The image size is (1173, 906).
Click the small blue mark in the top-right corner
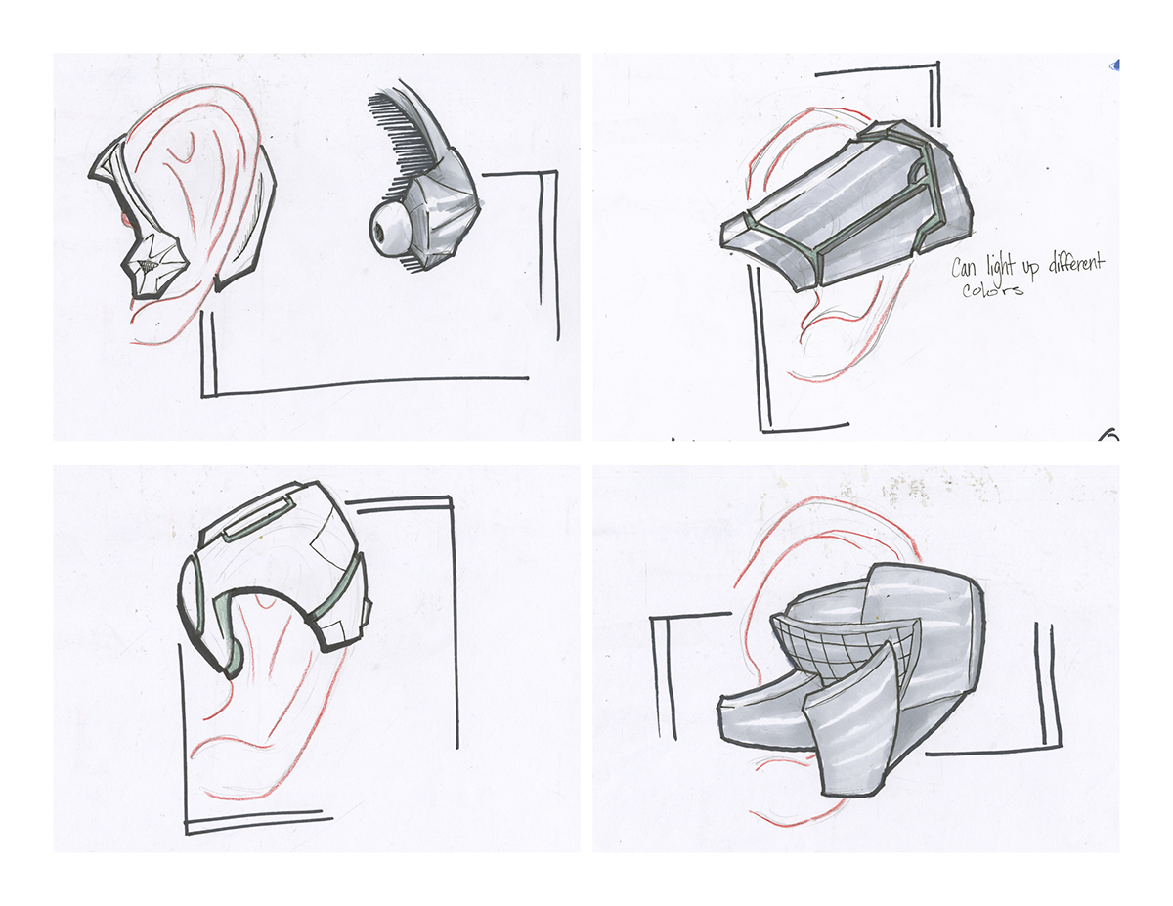pyautogui.click(x=1115, y=66)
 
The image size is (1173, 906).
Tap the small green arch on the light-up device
pyautogui.click(x=916, y=173)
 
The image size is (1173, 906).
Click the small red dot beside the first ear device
pyautogui.click(x=124, y=217)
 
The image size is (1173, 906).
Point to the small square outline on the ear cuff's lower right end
pyautogui.click(x=363, y=611)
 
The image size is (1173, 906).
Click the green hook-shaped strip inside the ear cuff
pyautogui.click(x=229, y=626)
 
